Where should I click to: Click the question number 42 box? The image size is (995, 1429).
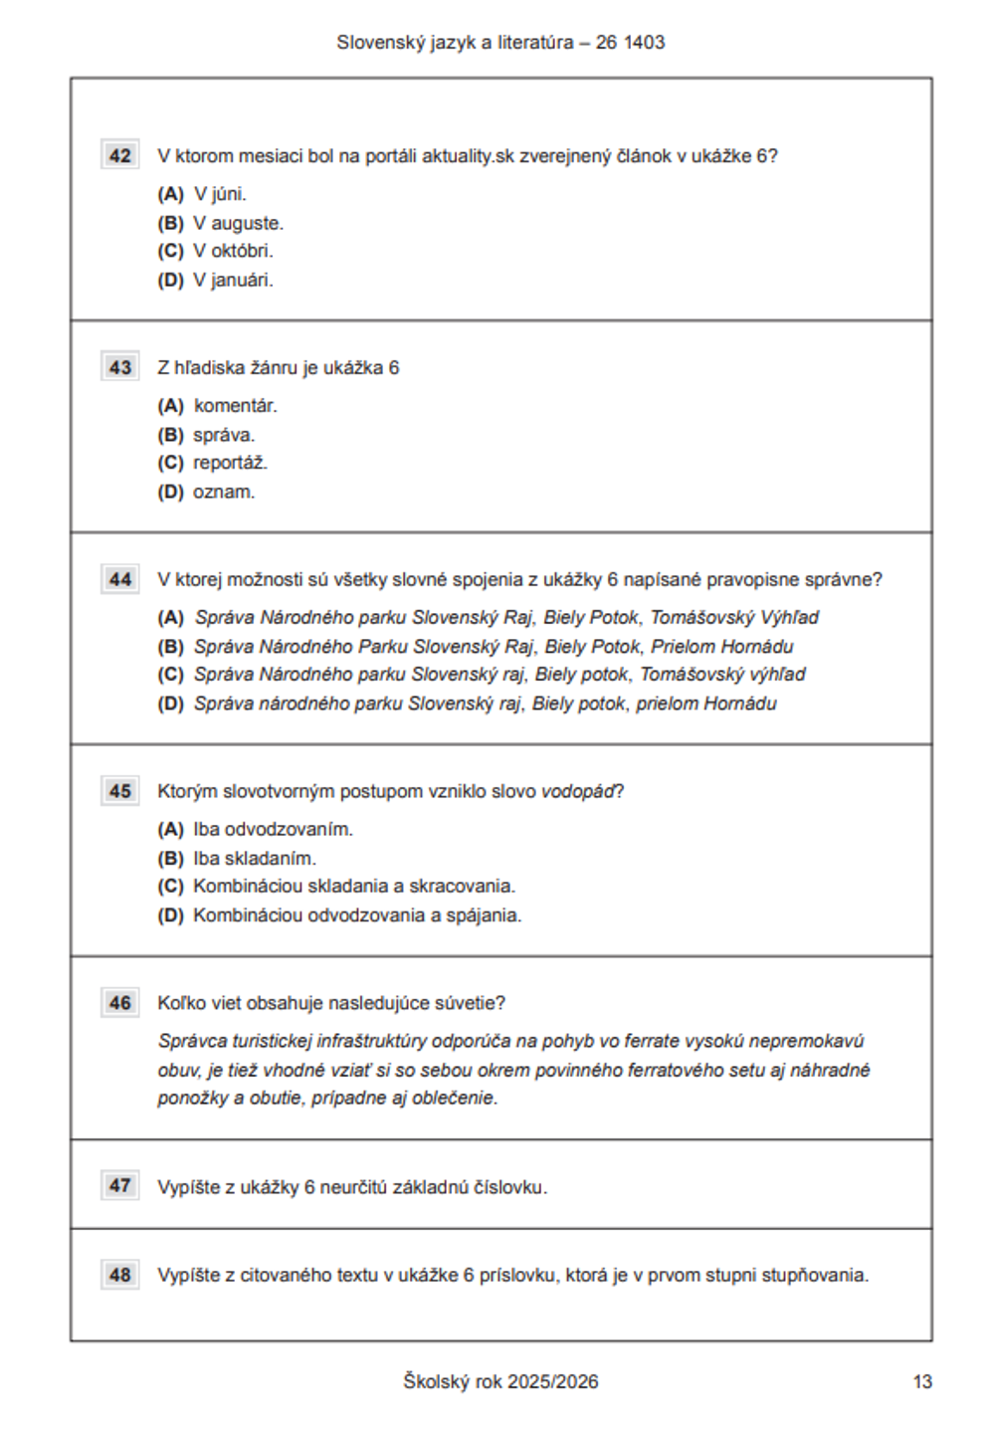click(120, 155)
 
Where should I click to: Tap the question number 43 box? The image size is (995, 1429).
click(120, 367)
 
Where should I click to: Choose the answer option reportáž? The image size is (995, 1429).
click(230, 463)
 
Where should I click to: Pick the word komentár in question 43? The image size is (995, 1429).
click(236, 406)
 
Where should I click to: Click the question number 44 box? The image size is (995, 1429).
click(120, 579)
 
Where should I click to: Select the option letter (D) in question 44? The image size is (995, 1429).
click(171, 704)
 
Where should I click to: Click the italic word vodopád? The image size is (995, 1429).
click(578, 792)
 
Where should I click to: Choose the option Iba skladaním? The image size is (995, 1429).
click(255, 858)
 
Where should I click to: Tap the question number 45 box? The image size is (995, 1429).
click(120, 791)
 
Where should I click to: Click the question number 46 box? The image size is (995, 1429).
click(120, 1003)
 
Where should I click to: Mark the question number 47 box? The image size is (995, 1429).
click(120, 1185)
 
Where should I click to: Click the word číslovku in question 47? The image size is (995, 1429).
click(510, 1187)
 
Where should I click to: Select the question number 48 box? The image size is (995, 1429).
click(120, 1275)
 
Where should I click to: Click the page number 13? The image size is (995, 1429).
click(922, 1381)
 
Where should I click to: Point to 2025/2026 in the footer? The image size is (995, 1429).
click(553, 1381)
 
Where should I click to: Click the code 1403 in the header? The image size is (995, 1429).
click(645, 43)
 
